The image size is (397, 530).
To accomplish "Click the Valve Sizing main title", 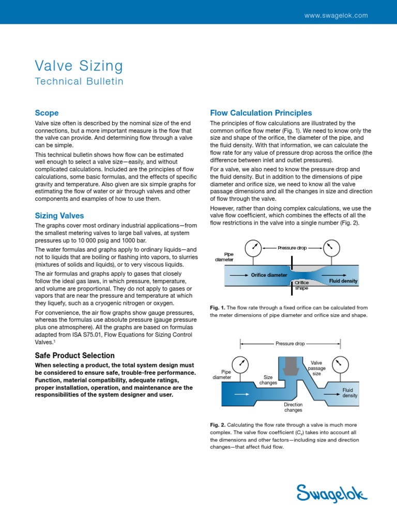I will pyautogui.click(x=79, y=66).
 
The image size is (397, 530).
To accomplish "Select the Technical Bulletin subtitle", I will pyautogui.click(x=79, y=81).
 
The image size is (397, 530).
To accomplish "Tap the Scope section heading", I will pyautogui.click(x=47, y=113).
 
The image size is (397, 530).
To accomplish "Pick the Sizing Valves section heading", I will pyautogui.click(x=59, y=215).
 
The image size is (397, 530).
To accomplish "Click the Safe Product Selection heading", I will pyautogui.click(x=74, y=356).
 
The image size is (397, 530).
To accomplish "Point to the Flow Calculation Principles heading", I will pyautogui.click(x=261, y=113).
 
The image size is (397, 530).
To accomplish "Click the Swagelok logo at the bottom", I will pyautogui.click(x=331, y=492).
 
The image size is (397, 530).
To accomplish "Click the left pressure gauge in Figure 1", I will pyautogui.click(x=254, y=246).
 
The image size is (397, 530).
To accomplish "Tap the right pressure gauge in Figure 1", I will pyautogui.click(x=331, y=246).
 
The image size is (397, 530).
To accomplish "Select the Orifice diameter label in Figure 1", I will pyautogui.click(x=269, y=275).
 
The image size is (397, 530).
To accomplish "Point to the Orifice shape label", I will pyautogui.click(x=301, y=285).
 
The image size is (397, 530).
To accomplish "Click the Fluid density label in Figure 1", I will pyautogui.click(x=343, y=281).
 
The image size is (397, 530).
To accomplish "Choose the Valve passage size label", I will pyautogui.click(x=316, y=368).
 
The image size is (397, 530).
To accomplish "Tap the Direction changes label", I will pyautogui.click(x=293, y=407).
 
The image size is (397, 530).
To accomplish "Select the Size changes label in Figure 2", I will pyautogui.click(x=268, y=380).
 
